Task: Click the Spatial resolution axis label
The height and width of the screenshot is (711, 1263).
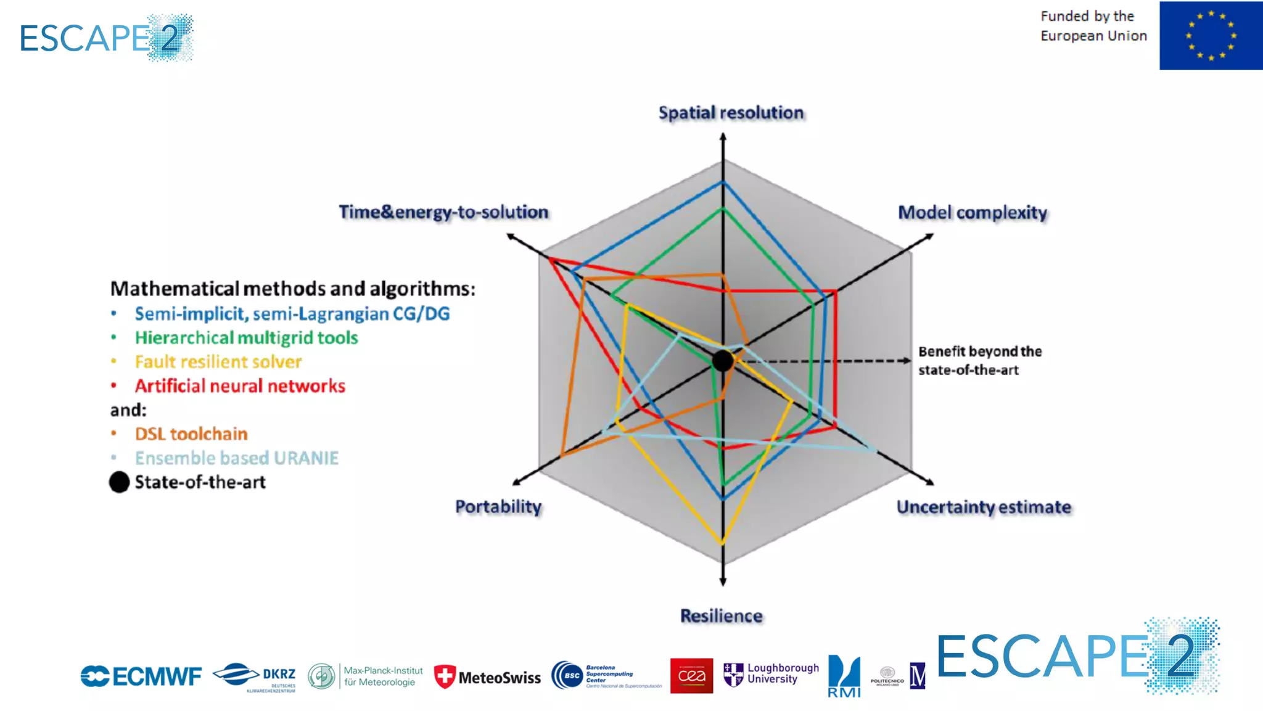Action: [731, 113]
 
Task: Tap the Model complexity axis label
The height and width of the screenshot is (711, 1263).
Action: [973, 213]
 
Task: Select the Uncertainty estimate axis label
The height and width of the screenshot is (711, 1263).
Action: [984, 507]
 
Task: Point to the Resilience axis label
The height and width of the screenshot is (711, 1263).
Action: [721, 615]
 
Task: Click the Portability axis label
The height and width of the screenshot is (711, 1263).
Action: [498, 506]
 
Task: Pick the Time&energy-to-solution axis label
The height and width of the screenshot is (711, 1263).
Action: [443, 212]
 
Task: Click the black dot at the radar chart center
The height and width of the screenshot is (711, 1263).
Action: [723, 361]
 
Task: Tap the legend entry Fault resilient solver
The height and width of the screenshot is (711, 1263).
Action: [218, 361]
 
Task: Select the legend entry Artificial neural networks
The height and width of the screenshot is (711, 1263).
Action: [240, 386]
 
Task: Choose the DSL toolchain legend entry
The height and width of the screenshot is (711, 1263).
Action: [191, 434]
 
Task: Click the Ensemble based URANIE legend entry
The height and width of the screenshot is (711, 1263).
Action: [237, 458]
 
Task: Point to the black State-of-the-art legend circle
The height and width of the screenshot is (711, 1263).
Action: [119, 482]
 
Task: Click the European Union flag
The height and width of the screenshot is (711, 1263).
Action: [1211, 35]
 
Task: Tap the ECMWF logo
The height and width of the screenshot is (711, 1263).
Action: [141, 676]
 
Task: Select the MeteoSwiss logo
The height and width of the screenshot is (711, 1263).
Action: [487, 677]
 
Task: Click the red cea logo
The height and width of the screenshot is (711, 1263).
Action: [691, 676]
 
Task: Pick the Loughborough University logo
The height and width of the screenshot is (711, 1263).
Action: [771, 674]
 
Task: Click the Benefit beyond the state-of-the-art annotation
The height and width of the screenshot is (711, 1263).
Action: [979, 361]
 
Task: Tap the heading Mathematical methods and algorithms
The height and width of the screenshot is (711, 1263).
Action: [292, 289]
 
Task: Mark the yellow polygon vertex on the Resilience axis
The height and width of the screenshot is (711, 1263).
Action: [722, 543]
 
